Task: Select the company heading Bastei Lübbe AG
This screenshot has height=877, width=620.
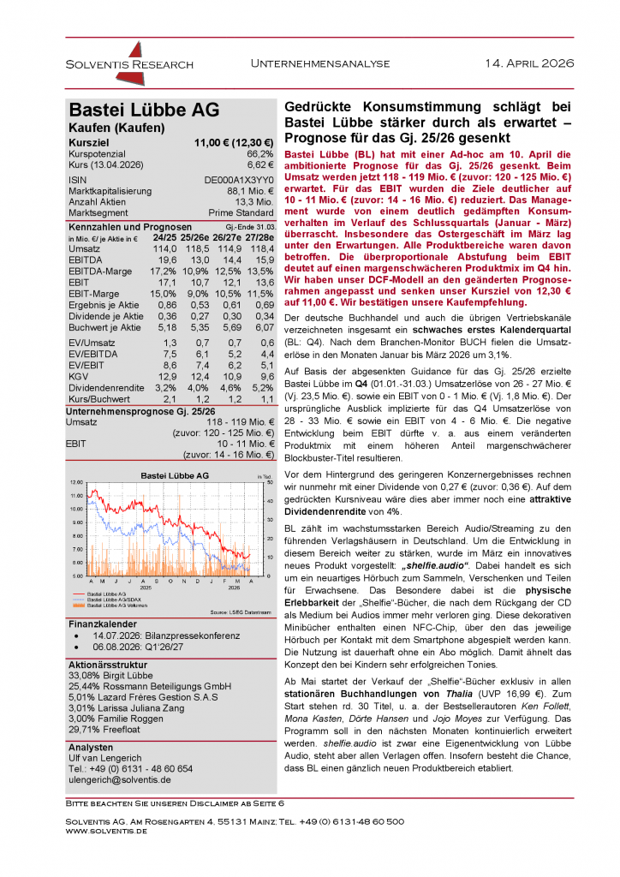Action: click(144, 110)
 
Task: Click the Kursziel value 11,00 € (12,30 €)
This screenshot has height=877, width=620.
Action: click(233, 142)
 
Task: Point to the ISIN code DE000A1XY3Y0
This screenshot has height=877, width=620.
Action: click(238, 180)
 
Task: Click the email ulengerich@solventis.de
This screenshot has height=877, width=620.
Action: click(119, 780)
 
